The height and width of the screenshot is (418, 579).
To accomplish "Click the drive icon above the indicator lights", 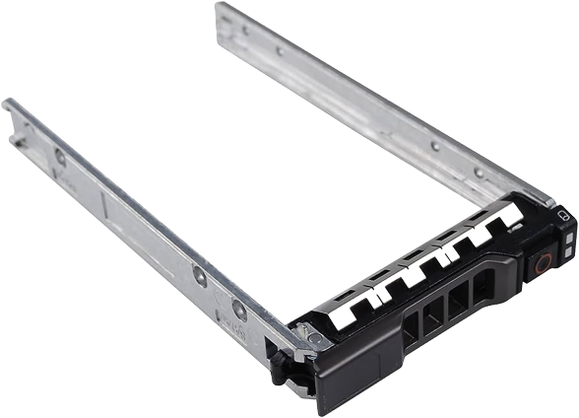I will point(563,216).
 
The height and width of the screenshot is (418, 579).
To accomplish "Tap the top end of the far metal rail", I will point(223,10).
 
